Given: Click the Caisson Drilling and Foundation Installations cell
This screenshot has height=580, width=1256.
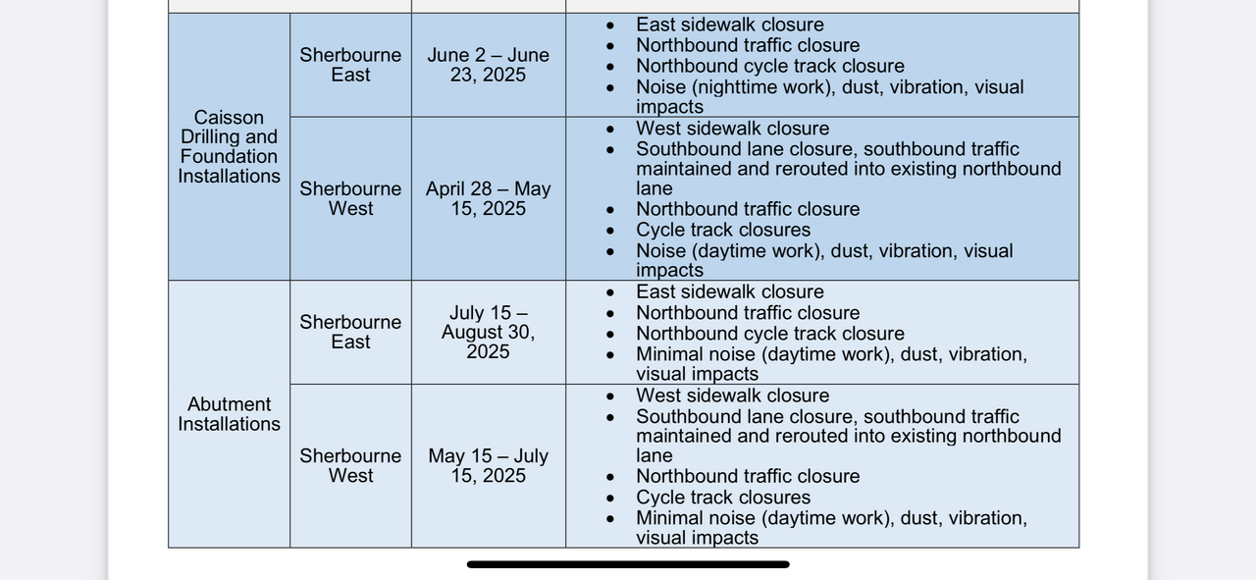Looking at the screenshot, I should [229, 146].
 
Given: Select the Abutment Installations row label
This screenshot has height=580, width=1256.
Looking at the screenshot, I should [229, 414].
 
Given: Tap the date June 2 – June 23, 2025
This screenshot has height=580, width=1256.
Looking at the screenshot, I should [488, 65].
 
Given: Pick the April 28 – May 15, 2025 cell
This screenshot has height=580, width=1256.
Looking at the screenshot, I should [488, 198].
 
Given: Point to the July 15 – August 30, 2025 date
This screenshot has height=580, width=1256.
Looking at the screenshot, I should [488, 332].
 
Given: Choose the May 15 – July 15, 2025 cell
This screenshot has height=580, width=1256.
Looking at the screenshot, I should [488, 465].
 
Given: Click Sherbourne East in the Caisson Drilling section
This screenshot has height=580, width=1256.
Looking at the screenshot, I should [350, 65].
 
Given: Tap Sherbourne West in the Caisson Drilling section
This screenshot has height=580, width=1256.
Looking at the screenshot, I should [350, 198].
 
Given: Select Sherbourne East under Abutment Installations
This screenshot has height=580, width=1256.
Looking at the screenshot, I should [350, 332].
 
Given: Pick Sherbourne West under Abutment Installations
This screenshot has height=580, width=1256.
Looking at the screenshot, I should [350, 465].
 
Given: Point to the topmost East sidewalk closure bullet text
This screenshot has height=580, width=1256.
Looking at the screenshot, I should [729, 25].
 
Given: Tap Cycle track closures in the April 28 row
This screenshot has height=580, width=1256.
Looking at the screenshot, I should [723, 230].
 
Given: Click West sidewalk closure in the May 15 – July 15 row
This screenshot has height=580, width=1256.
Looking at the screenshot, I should [732, 395].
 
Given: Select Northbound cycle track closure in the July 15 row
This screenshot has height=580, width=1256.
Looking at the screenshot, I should [769, 334].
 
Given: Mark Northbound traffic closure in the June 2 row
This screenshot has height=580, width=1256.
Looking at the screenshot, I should [748, 45].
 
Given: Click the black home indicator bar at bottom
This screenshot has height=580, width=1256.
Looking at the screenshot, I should [628, 564].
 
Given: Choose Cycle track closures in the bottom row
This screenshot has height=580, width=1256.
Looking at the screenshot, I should [723, 497].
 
